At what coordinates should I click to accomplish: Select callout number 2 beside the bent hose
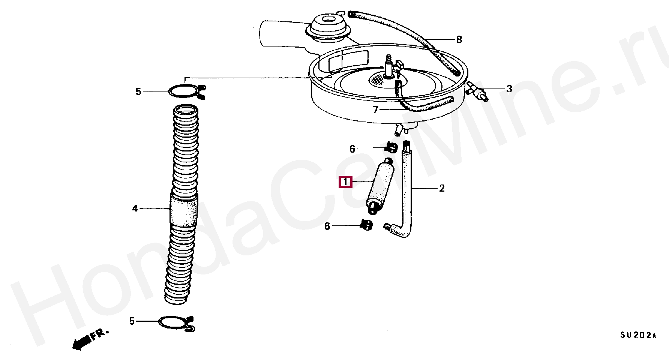tap(442, 188)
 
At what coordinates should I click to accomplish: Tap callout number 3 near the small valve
tap(509, 89)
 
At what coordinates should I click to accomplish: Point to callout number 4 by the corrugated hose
tap(135, 208)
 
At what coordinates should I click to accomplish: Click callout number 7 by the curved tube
tap(376, 110)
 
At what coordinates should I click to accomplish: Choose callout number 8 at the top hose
tap(459, 39)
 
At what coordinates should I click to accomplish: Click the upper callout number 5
tap(138, 91)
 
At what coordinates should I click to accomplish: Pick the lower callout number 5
tap(132, 321)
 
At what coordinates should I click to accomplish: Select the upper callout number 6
tap(352, 149)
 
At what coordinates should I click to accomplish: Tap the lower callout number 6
tap(327, 226)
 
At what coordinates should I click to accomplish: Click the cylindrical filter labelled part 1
tap(379, 187)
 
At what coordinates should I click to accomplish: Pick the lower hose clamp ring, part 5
tap(176, 323)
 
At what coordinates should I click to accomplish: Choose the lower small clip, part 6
tap(366, 225)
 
